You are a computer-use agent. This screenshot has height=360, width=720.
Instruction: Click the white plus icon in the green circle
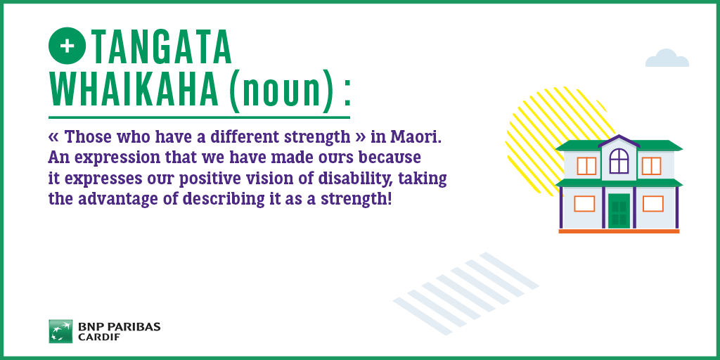(67, 46)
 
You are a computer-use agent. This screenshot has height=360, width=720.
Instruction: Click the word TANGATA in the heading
(161, 46)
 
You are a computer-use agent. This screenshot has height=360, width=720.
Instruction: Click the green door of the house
(619, 211)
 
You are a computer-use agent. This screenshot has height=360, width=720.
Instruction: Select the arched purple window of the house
(619, 161)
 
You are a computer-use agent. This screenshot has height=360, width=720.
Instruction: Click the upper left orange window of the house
(586, 166)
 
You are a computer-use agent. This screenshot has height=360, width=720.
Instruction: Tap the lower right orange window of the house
(653, 203)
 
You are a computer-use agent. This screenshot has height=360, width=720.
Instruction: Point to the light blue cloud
(667, 58)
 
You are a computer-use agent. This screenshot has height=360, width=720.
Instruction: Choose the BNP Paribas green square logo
(60, 332)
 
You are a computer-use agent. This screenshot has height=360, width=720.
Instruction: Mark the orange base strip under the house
(619, 231)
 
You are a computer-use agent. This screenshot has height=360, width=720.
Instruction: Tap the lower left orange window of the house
(584, 203)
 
